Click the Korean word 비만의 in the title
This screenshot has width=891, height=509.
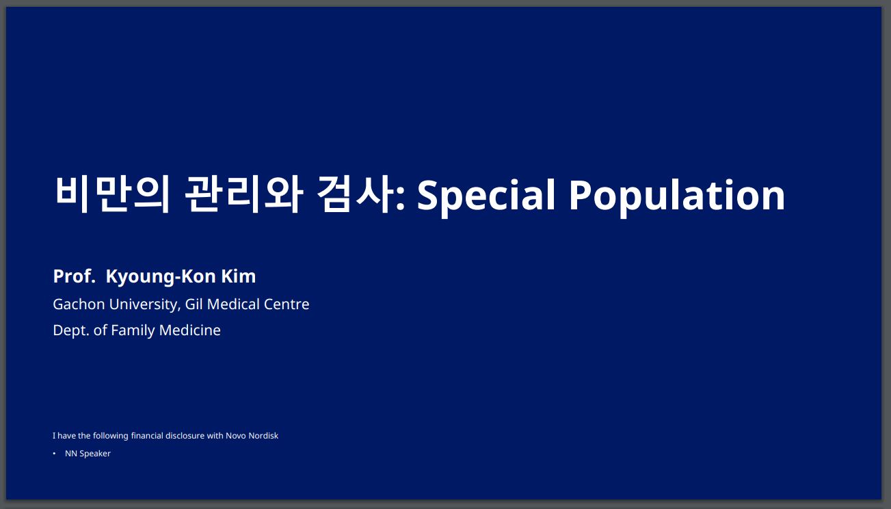[x=113, y=194]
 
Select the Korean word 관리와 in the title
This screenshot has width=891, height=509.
[x=244, y=194]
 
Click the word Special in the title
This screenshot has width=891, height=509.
[x=486, y=196]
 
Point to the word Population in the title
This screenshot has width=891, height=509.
[x=677, y=196]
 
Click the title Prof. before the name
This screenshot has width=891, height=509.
[x=75, y=276]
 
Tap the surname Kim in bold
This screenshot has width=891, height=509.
[x=238, y=276]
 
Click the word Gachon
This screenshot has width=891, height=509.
[x=79, y=304]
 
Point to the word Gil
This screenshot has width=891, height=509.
[x=194, y=304]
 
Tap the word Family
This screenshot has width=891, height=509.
[x=133, y=331]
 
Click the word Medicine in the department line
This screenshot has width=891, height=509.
[x=189, y=330]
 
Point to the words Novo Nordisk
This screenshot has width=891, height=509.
[x=252, y=435]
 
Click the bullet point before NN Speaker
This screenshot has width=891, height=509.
[x=54, y=454]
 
